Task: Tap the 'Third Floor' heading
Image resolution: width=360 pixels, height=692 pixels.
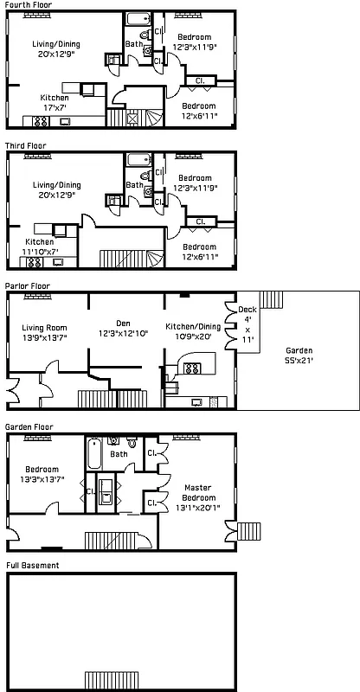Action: (26, 146)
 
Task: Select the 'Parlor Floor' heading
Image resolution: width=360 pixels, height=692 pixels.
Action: (28, 285)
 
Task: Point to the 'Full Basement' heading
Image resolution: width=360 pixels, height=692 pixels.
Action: (32, 566)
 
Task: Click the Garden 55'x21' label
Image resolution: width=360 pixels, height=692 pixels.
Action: (299, 356)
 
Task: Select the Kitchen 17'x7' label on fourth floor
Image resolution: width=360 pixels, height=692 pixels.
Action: (55, 103)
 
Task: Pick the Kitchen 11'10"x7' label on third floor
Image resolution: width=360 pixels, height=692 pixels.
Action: (40, 247)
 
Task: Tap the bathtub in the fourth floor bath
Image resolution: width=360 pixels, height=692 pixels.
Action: (138, 20)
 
